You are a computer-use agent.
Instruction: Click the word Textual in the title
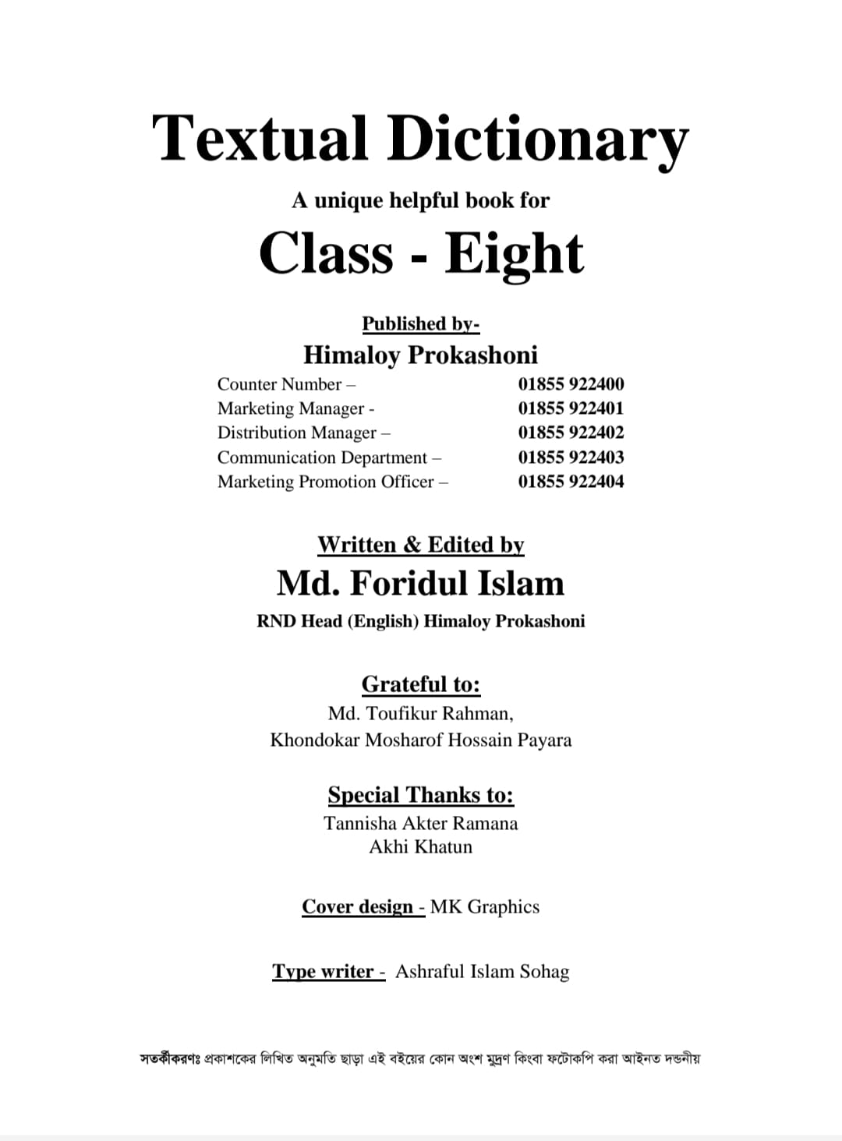[259, 138]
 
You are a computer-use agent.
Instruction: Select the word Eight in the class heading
[514, 254]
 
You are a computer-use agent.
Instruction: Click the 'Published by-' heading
[420, 323]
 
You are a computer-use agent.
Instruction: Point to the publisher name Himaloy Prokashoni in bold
[420, 355]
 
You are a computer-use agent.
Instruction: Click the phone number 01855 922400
[571, 384]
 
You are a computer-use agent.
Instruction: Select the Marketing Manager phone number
[571, 408]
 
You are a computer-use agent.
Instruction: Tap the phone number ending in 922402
[571, 433]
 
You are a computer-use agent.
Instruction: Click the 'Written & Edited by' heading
[420, 545]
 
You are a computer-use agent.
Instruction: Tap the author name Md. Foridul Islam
[420, 584]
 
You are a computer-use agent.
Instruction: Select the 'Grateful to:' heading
[420, 684]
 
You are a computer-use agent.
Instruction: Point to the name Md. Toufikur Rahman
[420, 713]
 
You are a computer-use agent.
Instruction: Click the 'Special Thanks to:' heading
[420, 795]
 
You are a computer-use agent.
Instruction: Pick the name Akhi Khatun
[420, 846]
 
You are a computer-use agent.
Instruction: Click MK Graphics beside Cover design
[484, 906]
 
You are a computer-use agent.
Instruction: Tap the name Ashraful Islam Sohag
[482, 971]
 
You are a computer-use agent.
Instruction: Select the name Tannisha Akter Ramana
[420, 823]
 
